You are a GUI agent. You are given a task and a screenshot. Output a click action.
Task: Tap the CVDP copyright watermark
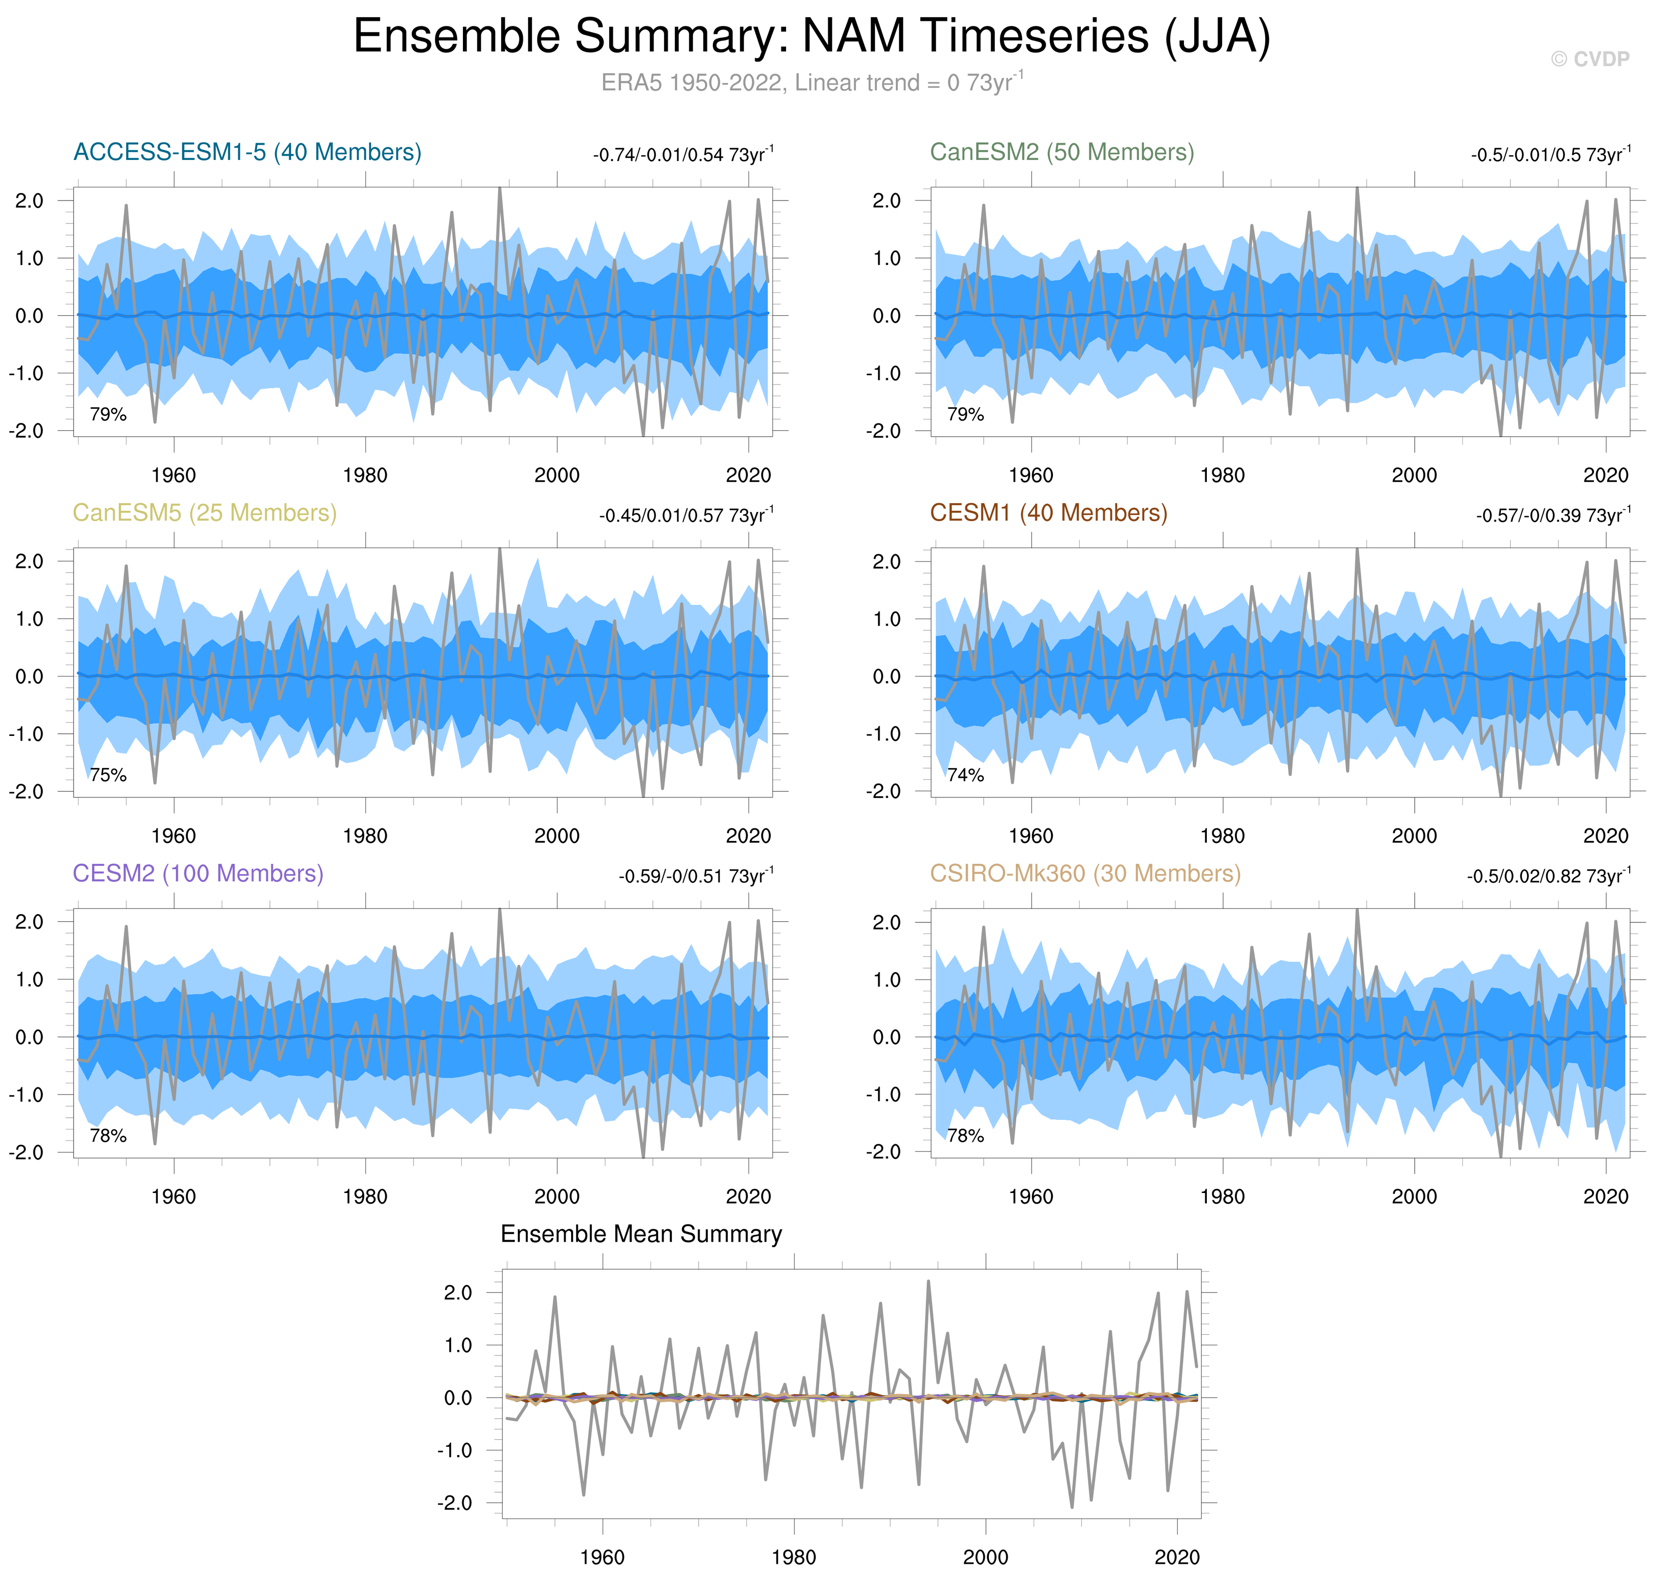click(x=1589, y=59)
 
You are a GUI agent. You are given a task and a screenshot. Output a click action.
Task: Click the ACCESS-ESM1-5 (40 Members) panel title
click(x=247, y=152)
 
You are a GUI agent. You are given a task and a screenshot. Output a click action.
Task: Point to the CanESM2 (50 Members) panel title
click(x=1061, y=152)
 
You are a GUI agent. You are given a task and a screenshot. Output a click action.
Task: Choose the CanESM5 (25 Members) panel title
click(x=204, y=513)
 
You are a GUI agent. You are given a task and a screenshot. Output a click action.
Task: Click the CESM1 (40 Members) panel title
click(x=1048, y=513)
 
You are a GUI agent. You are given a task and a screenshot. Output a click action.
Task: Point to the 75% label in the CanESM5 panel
click(x=108, y=776)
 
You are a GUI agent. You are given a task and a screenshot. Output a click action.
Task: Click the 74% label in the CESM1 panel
click(x=965, y=776)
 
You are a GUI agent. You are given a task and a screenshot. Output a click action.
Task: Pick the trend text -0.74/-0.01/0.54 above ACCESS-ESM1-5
click(x=683, y=155)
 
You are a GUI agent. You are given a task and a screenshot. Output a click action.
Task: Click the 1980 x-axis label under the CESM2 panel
click(x=365, y=1197)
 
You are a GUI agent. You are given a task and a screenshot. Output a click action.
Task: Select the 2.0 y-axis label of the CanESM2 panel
click(x=886, y=201)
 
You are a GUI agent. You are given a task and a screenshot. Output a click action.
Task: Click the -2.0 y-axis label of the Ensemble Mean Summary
click(x=454, y=1503)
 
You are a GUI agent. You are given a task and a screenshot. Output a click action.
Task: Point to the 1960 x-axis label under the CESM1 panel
click(x=1031, y=836)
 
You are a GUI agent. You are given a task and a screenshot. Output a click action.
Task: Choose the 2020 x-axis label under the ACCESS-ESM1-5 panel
click(x=748, y=475)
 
